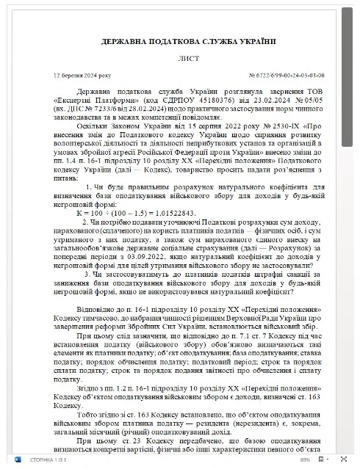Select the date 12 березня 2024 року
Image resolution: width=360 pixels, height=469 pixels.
point(82,76)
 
